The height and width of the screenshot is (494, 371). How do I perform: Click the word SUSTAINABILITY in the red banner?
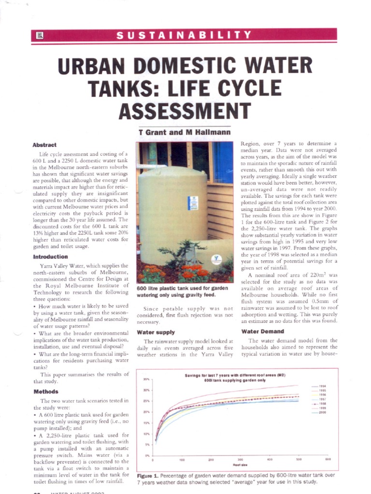pyautogui.click(x=185, y=35)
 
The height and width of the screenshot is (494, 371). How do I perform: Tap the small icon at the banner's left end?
pyautogui.click(x=40, y=35)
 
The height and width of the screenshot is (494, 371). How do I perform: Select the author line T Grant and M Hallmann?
pyautogui.click(x=178, y=132)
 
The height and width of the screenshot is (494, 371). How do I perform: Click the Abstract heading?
pyautogui.click(x=44, y=145)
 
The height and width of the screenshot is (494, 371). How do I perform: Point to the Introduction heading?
pyautogui.click(x=50, y=257)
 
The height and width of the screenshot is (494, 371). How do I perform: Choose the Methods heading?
pyautogui.click(x=46, y=392)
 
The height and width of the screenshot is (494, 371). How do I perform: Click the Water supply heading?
pyautogui.click(x=156, y=332)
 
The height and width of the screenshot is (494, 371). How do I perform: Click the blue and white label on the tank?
pyautogui.click(x=193, y=203)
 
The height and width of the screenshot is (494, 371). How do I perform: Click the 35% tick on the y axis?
pyautogui.click(x=146, y=380)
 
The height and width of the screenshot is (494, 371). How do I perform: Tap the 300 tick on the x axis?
pyautogui.click(x=241, y=460)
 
